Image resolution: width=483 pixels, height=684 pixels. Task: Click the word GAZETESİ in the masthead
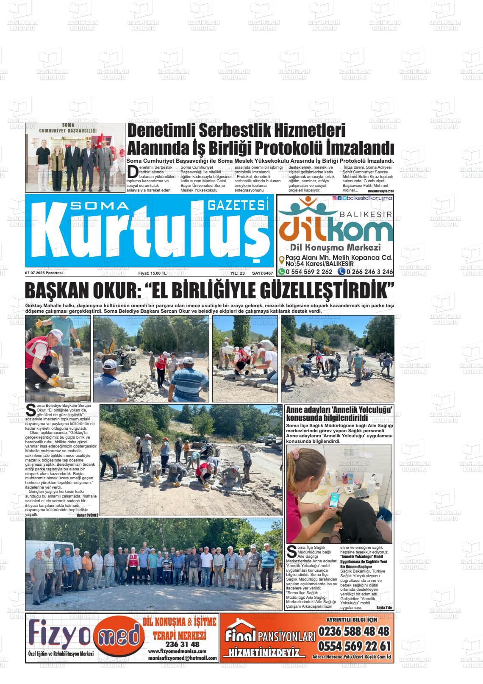(239, 206)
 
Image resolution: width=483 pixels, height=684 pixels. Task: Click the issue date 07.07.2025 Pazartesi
(44, 273)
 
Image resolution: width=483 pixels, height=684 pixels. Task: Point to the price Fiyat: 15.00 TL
(153, 273)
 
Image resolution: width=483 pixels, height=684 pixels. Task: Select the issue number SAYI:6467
(262, 273)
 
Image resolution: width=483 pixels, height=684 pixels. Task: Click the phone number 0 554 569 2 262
(305, 272)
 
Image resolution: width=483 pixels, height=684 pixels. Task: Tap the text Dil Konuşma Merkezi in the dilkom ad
(335, 247)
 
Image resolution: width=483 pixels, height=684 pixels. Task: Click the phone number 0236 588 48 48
(353, 631)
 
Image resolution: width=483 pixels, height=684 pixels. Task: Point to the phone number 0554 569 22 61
(353, 646)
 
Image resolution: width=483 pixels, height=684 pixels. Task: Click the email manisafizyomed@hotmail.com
(183, 659)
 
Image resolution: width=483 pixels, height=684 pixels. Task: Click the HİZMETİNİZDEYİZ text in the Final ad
(264, 653)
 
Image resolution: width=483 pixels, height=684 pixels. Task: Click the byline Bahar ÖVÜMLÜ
(87, 514)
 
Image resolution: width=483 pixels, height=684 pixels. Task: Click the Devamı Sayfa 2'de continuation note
(378, 191)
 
